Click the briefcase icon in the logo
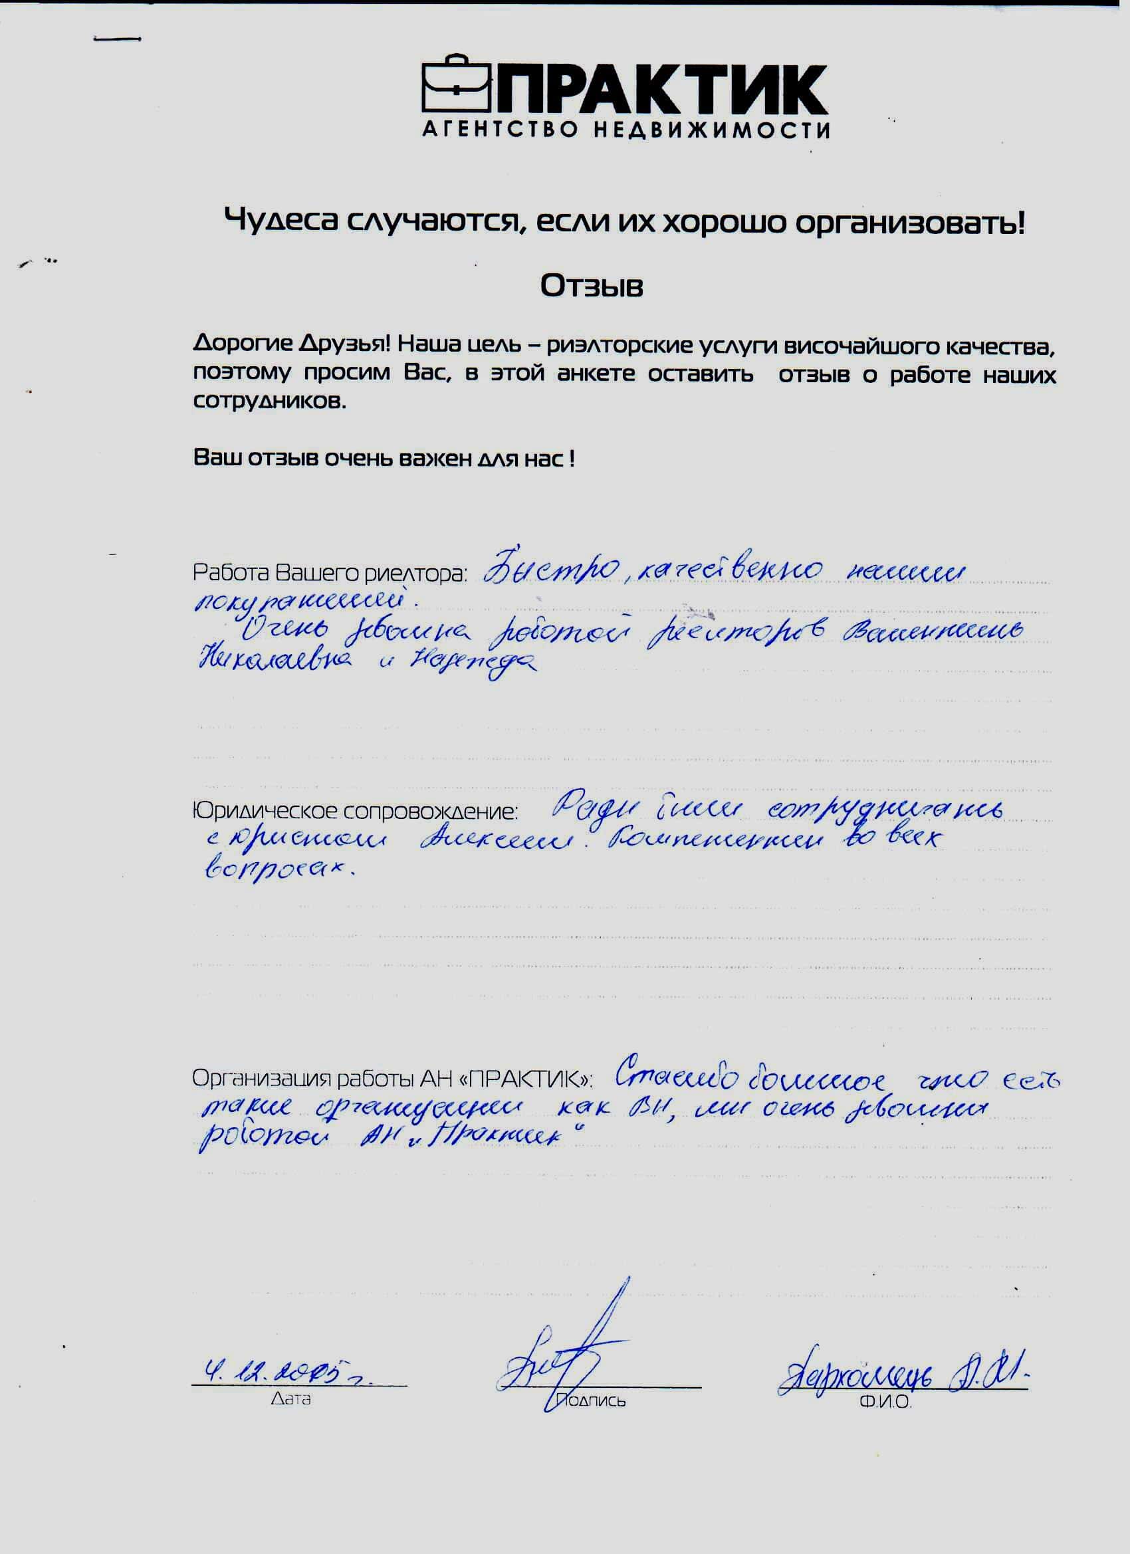point(456,86)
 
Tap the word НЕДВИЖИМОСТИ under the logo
point(712,130)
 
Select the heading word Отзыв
point(592,286)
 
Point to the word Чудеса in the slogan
point(282,221)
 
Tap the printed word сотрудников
point(269,401)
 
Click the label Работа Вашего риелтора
point(330,573)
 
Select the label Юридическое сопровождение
point(354,812)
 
